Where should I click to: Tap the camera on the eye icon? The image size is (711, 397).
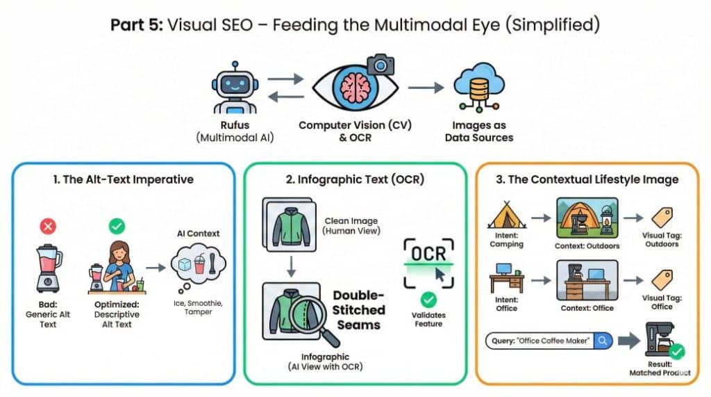coord(380,65)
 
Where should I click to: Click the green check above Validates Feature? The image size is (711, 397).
coord(428,300)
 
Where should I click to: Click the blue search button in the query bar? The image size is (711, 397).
coord(602,341)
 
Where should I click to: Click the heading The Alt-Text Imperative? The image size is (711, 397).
coord(123,179)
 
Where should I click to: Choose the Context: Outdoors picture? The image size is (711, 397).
coord(587,217)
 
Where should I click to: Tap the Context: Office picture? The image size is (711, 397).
coord(587,279)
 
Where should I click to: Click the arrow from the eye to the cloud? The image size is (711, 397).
coord(426,88)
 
